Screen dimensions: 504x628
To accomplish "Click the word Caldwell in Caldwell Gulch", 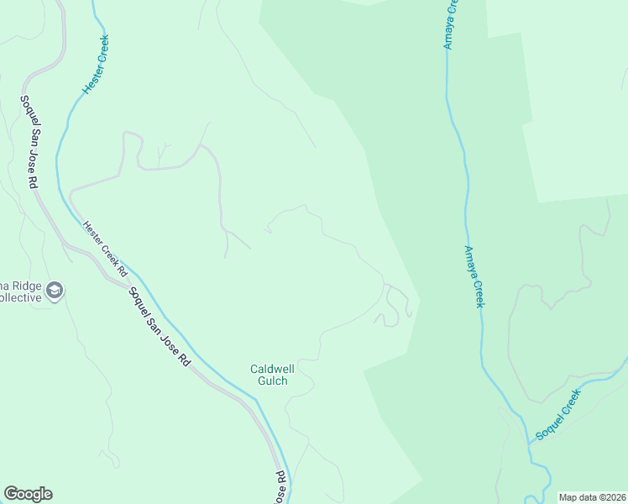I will pos(269,369).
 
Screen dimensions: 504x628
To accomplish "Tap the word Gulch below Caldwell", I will pos(272,381).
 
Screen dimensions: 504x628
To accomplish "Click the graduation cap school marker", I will pos(55,291).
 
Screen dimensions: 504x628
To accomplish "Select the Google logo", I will pos(28,494).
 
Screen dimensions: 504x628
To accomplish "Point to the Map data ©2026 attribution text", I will pos(593,497).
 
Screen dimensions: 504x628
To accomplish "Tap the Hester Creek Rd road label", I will pos(104,249).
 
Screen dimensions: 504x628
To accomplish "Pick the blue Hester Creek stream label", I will pos(96,64).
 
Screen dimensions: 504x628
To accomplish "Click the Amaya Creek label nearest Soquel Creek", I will pos(474,276).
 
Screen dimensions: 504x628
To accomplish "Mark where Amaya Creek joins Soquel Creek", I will pos(528,440).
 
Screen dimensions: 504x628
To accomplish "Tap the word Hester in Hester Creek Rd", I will pos(92,233).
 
